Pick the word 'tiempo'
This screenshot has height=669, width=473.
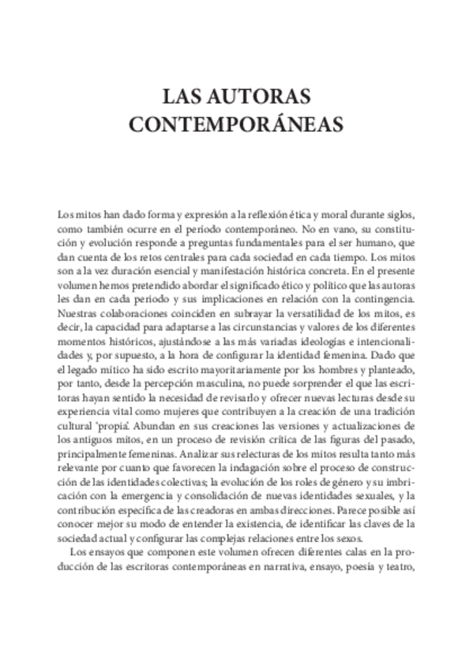coord(332,257)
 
